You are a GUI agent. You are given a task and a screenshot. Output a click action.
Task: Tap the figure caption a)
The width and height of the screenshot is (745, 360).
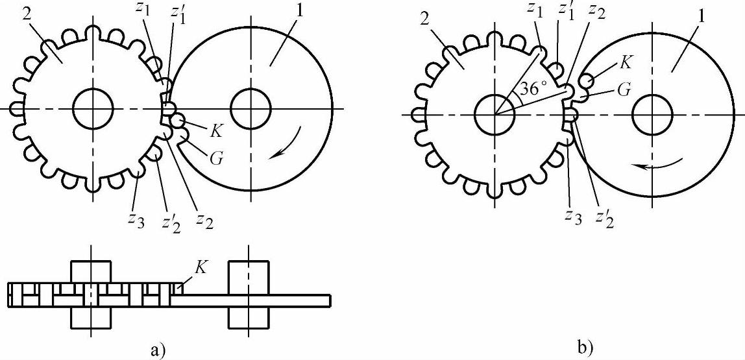(x=158, y=351)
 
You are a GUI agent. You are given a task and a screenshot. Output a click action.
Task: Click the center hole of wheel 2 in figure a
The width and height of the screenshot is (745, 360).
(x=93, y=109)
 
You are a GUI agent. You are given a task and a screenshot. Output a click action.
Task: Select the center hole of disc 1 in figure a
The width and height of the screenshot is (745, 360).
(x=250, y=109)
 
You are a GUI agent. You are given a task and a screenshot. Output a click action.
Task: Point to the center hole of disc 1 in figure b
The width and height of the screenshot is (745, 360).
(x=652, y=114)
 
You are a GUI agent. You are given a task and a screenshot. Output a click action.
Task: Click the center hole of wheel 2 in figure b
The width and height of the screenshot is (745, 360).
(x=495, y=114)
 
